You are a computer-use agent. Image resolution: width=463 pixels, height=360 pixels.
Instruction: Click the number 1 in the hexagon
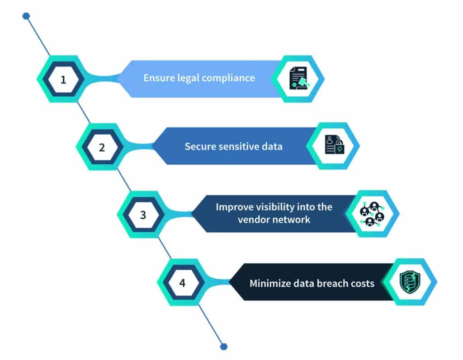[63, 80]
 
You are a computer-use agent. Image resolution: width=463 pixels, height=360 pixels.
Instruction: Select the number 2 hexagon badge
[102, 147]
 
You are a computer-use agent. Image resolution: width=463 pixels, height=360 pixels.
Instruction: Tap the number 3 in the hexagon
[143, 215]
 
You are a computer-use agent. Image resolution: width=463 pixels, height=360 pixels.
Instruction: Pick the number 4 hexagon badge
[182, 283]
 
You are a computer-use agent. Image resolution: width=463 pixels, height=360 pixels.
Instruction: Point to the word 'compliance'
[228, 78]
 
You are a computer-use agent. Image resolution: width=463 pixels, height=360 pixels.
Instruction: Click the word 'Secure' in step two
[199, 146]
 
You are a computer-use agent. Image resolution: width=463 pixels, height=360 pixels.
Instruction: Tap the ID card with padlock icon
[334, 145]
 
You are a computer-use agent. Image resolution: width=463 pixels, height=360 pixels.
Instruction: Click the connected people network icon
[372, 214]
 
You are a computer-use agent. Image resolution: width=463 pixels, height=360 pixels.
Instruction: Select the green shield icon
[411, 281]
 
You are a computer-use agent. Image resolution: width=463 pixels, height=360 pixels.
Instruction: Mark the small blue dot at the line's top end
[26, 16]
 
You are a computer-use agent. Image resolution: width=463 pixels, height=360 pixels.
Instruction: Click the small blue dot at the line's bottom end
[223, 346]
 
